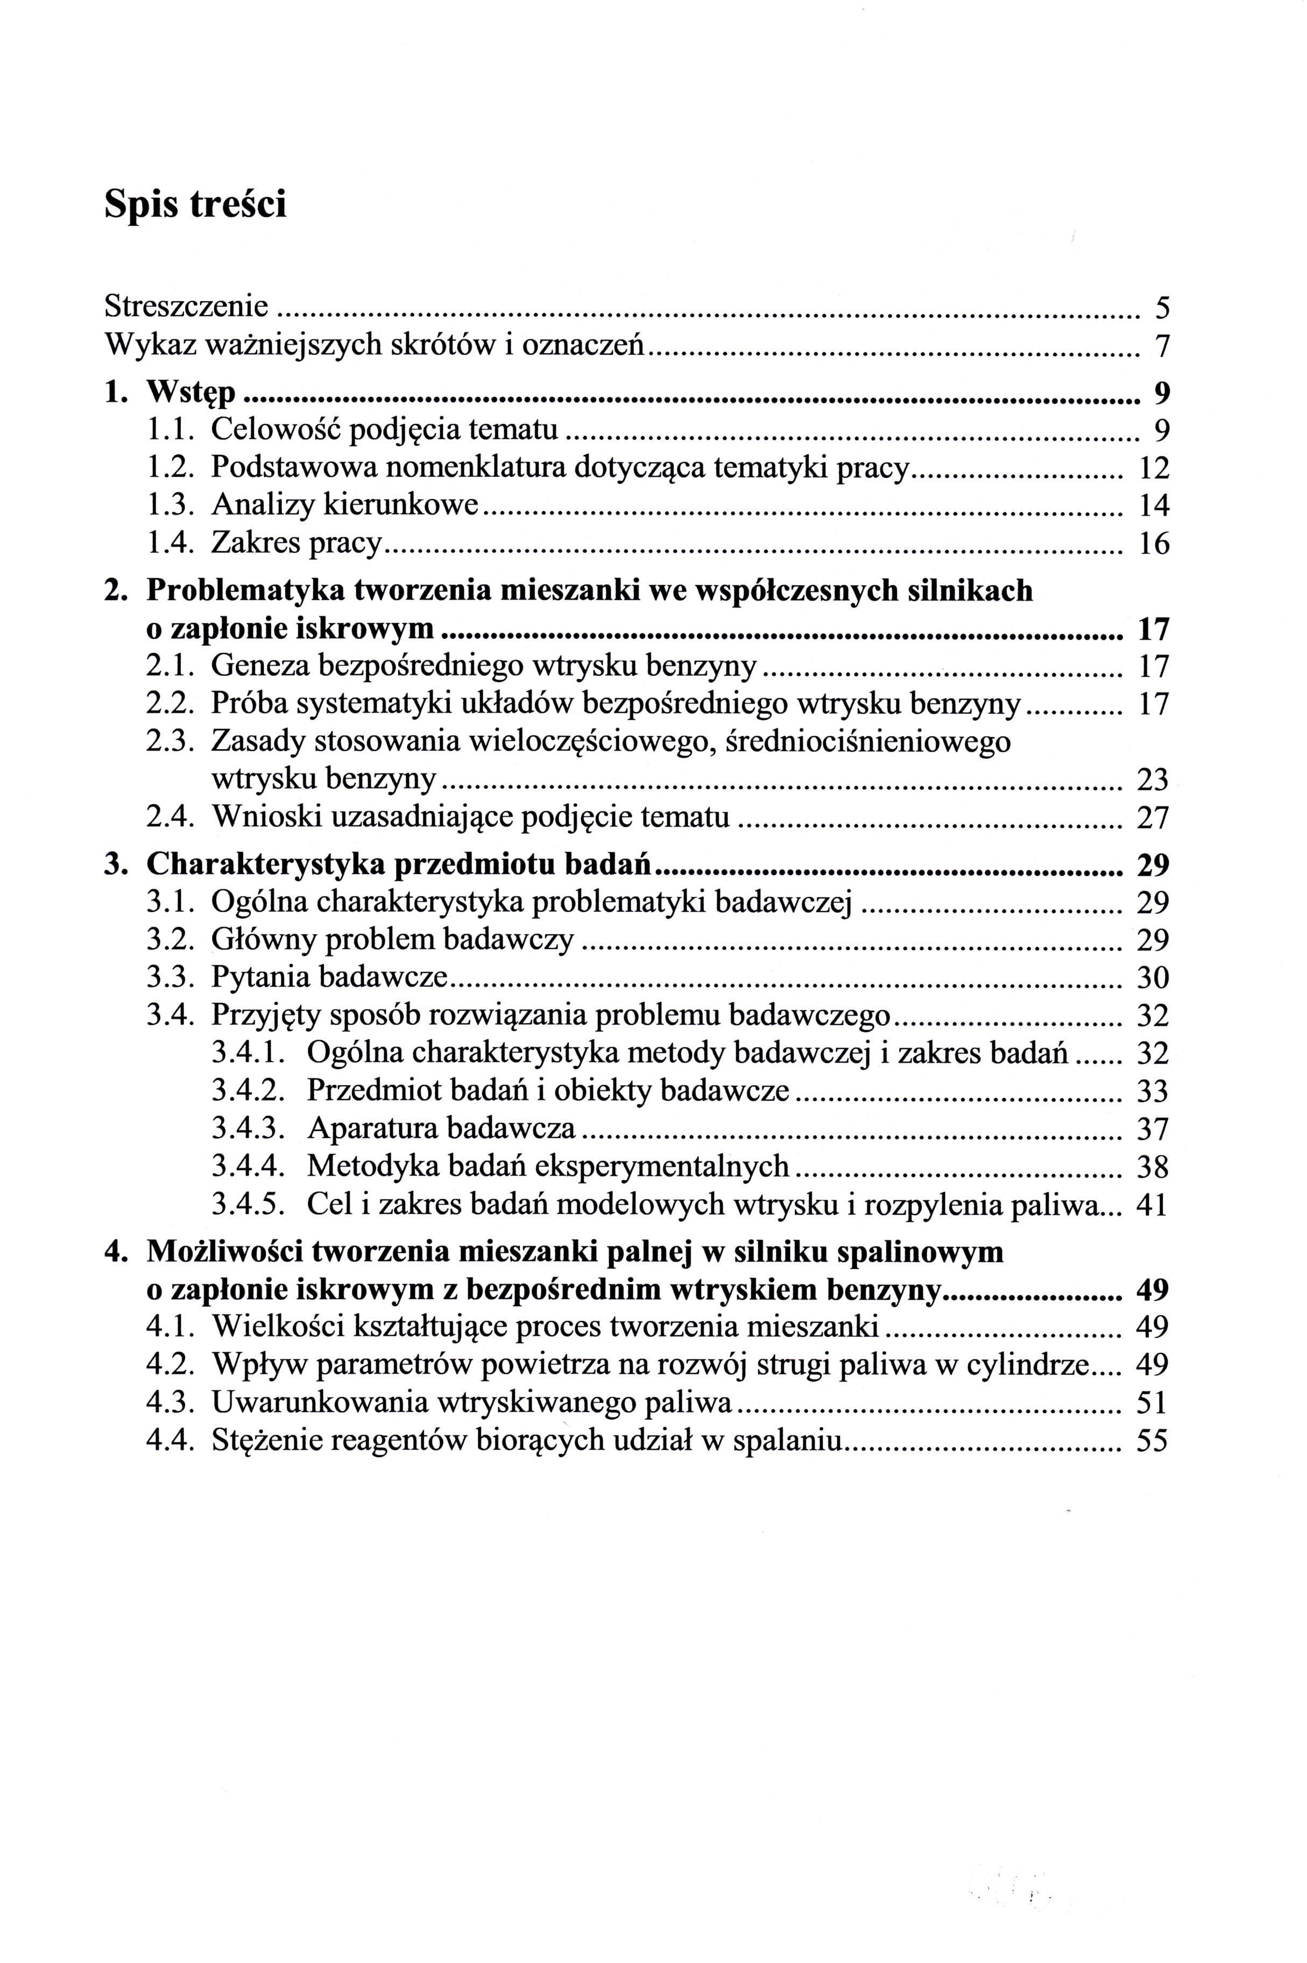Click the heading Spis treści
coord(195,204)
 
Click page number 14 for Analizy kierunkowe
coord(1154,506)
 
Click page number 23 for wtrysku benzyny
coord(1154,780)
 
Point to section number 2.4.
coord(171,817)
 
